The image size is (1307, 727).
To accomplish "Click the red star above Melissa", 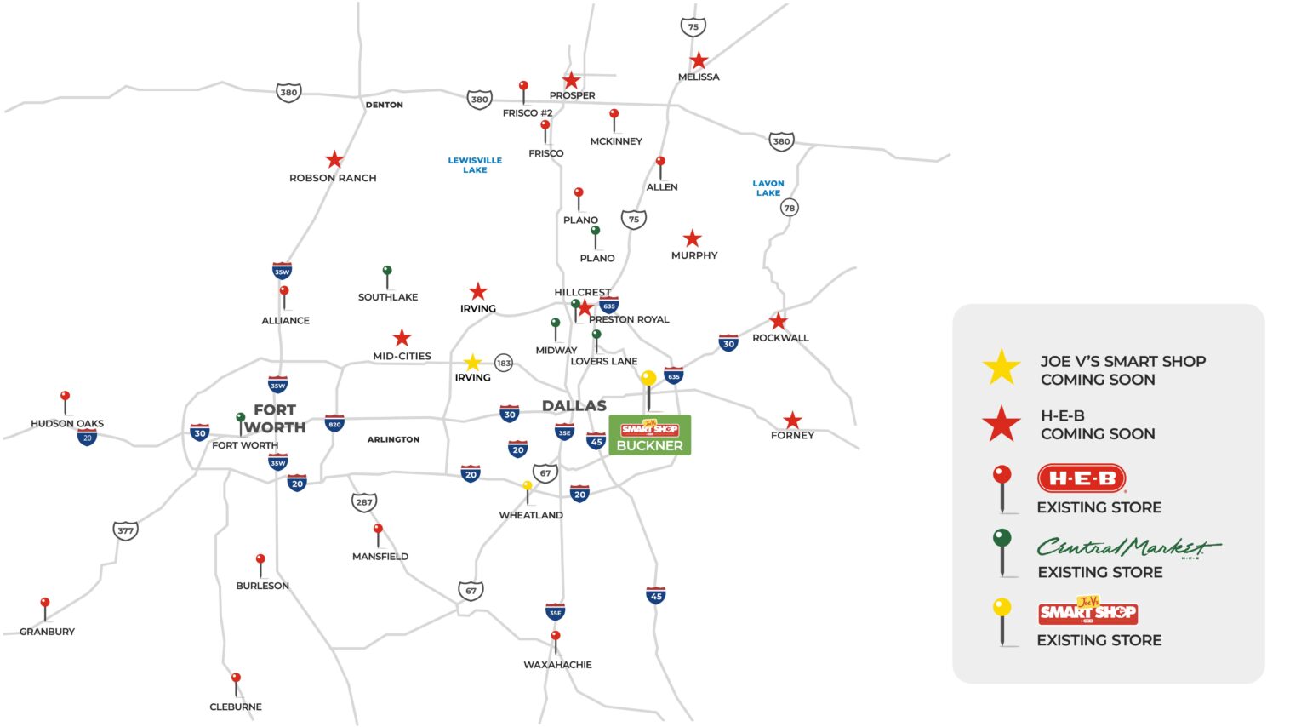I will (x=699, y=60).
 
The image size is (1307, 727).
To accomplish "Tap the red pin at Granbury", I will (x=45, y=604).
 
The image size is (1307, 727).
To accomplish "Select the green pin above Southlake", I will (x=387, y=272).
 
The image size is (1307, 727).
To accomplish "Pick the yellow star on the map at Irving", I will (x=472, y=363).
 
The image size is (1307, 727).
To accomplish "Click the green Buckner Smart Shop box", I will (x=649, y=435).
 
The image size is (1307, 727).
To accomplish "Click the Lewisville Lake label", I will (x=475, y=165).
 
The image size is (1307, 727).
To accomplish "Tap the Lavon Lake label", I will (x=768, y=188).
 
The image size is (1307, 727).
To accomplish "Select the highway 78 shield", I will (x=790, y=208).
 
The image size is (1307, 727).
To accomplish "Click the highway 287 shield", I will (x=364, y=502).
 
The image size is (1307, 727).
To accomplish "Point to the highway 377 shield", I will (x=125, y=530).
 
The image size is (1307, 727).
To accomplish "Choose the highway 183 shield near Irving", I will (x=504, y=363).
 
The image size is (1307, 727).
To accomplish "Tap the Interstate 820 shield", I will (x=334, y=423).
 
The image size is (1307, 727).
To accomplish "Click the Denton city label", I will (x=385, y=105).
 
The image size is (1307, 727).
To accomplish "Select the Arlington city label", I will (x=393, y=439).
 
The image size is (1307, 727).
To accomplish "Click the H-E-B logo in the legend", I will (x=1082, y=478).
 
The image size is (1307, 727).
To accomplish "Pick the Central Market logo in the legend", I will (x=1128, y=547).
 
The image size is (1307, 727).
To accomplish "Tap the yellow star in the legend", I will (x=1002, y=367).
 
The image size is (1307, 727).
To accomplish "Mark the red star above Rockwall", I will (x=779, y=321).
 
